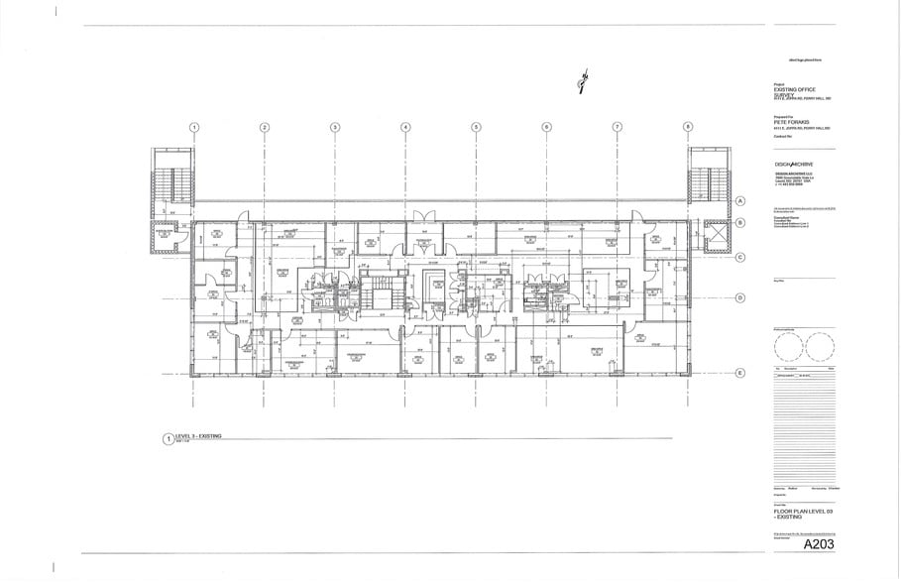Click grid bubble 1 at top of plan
[x=194, y=127]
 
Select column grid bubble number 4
[x=405, y=127]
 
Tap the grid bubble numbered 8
[x=688, y=127]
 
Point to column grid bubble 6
[x=546, y=127]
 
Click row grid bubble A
[x=739, y=201]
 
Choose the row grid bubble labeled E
[x=739, y=373]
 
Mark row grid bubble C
[x=739, y=257]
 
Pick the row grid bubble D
[x=739, y=297]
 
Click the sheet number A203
[x=820, y=544]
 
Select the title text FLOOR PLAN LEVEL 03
[x=805, y=510]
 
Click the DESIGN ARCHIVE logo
[x=795, y=164]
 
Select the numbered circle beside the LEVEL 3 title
[x=168, y=437]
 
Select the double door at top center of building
[x=424, y=214]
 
